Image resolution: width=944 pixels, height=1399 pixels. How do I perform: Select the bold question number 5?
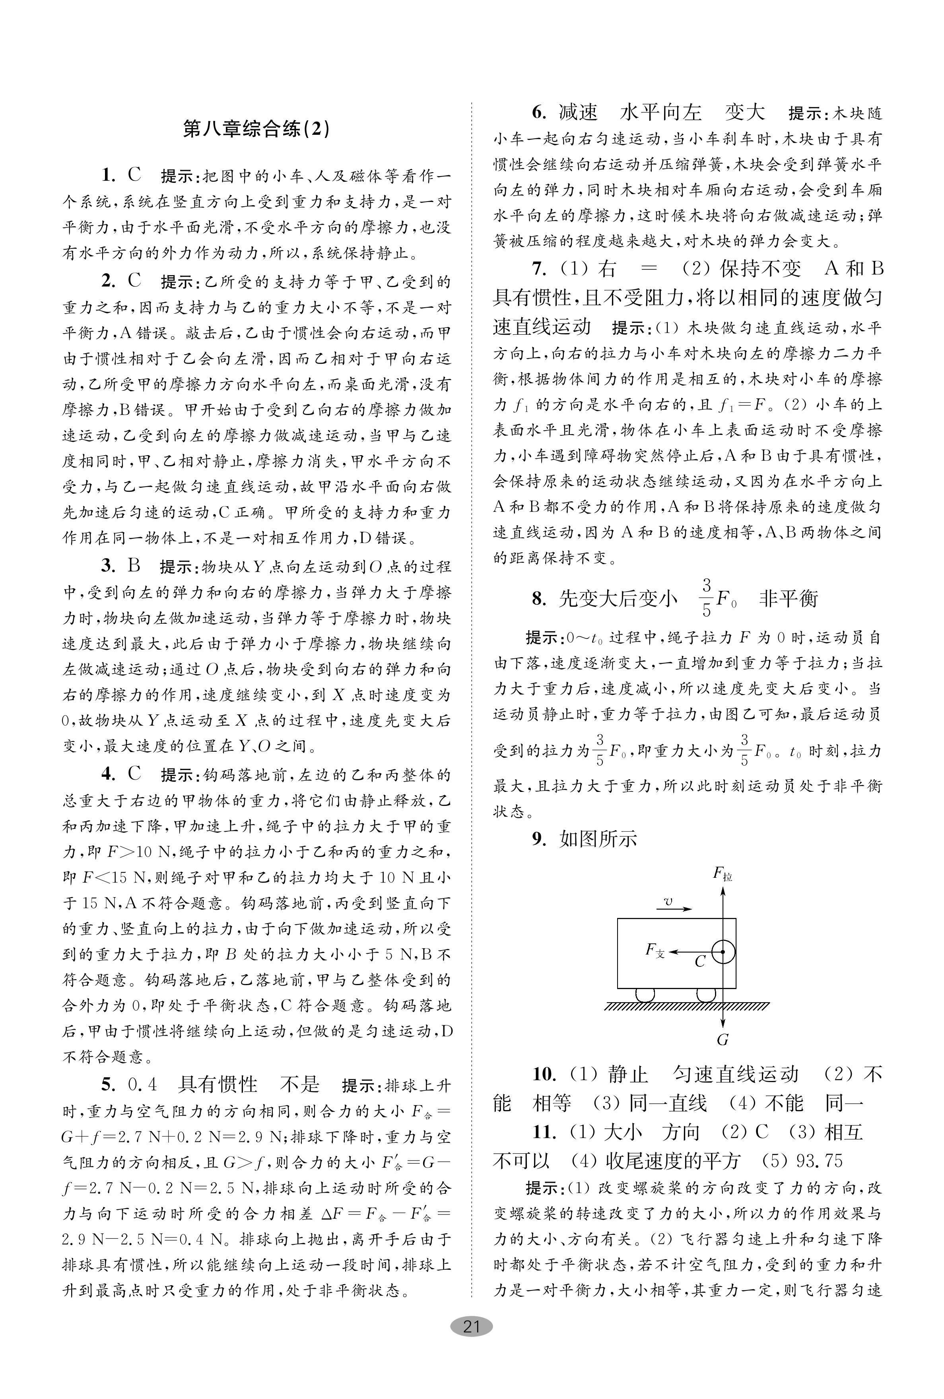[x=108, y=1084]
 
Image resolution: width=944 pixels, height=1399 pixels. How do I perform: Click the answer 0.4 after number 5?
[x=143, y=1084]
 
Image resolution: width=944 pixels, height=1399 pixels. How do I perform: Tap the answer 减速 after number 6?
[x=578, y=113]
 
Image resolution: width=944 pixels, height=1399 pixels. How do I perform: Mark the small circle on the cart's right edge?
[x=723, y=952]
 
